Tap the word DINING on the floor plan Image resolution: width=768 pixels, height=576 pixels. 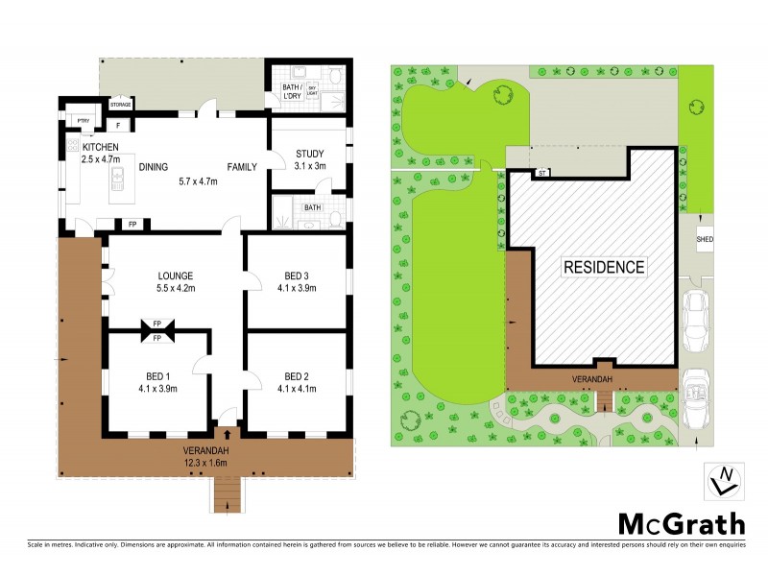pos(154,167)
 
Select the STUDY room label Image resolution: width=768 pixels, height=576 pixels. pos(309,154)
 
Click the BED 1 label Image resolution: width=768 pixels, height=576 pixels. pos(156,375)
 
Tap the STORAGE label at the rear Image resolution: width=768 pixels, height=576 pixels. pos(121,105)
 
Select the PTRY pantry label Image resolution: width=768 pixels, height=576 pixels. pos(84,120)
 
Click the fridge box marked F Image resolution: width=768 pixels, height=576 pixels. pos(117,125)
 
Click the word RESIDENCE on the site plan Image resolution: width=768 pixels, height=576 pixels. pos(604,267)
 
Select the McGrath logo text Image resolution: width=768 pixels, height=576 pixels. pos(680,523)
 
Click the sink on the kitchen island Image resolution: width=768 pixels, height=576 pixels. pos(122,178)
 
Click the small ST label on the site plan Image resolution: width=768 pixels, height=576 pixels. pos(541,174)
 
